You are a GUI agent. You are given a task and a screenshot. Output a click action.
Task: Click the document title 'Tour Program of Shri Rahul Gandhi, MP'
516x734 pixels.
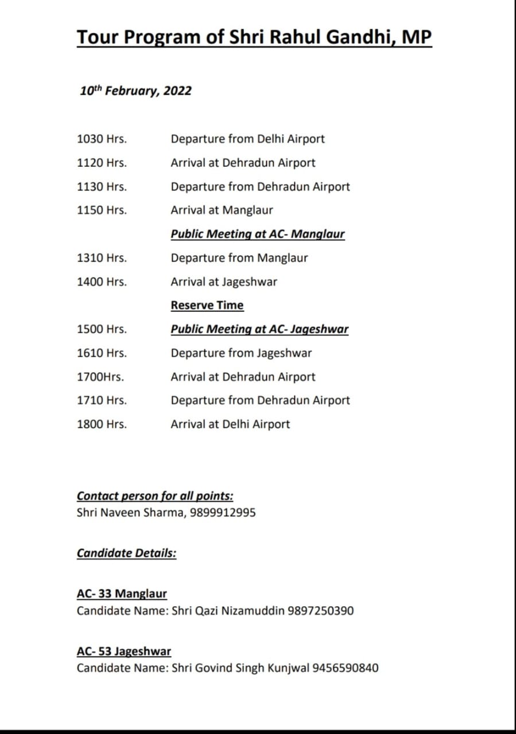click(254, 38)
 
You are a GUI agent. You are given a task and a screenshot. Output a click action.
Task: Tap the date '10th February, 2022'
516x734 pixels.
click(135, 91)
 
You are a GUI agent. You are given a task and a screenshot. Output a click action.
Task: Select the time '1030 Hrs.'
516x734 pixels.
click(102, 139)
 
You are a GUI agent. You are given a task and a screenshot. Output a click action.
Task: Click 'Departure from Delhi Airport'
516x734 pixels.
click(247, 139)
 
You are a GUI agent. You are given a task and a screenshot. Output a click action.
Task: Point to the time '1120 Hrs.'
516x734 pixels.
click(102, 163)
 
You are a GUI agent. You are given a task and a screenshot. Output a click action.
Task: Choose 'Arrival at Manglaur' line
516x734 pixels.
click(222, 210)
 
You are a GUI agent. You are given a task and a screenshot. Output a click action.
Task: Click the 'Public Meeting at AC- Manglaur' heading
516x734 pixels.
click(258, 234)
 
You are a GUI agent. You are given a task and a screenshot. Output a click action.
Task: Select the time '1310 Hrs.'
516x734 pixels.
click(102, 258)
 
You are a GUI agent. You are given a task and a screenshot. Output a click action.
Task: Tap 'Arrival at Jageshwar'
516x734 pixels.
click(224, 282)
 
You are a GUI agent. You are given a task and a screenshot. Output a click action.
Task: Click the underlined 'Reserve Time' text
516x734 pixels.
click(207, 305)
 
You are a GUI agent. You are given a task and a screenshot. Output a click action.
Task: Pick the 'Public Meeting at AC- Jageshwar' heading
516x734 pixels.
click(259, 329)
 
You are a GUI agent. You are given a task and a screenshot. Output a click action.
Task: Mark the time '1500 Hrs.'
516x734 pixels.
click(102, 329)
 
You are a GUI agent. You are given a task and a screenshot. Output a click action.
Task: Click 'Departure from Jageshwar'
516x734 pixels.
click(241, 353)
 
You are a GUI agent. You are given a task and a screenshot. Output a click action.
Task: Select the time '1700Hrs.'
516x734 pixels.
click(100, 377)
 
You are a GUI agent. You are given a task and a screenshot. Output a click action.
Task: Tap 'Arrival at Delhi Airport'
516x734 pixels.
click(230, 424)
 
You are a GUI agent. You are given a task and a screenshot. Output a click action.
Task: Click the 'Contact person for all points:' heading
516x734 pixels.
click(155, 496)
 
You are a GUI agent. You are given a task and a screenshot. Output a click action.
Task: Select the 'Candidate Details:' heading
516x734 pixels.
click(126, 553)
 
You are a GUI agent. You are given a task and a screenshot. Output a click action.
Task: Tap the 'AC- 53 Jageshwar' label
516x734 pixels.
click(124, 651)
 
